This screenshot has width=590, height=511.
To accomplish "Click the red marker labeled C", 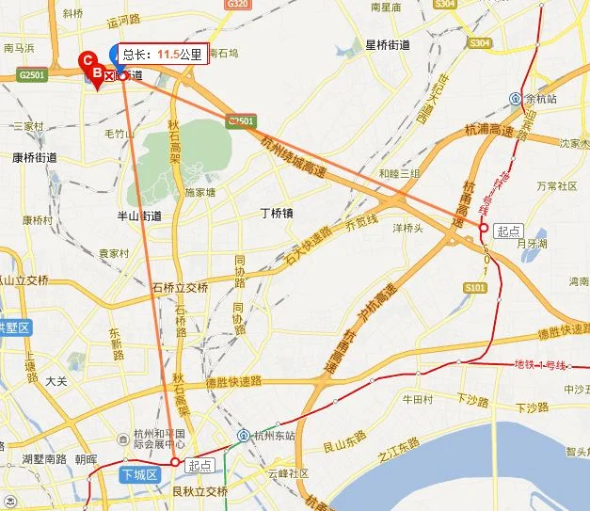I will pos(88,59).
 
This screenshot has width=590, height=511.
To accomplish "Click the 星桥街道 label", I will pos(387,44).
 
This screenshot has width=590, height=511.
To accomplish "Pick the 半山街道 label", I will pos(138,216).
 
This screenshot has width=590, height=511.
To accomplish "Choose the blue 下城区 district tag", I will pos(137,476).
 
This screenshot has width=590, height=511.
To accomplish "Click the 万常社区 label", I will pos(556,186).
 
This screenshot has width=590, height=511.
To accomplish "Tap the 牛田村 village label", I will pos(417,399).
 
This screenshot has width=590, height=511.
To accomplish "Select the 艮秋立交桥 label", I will pos(200,490).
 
